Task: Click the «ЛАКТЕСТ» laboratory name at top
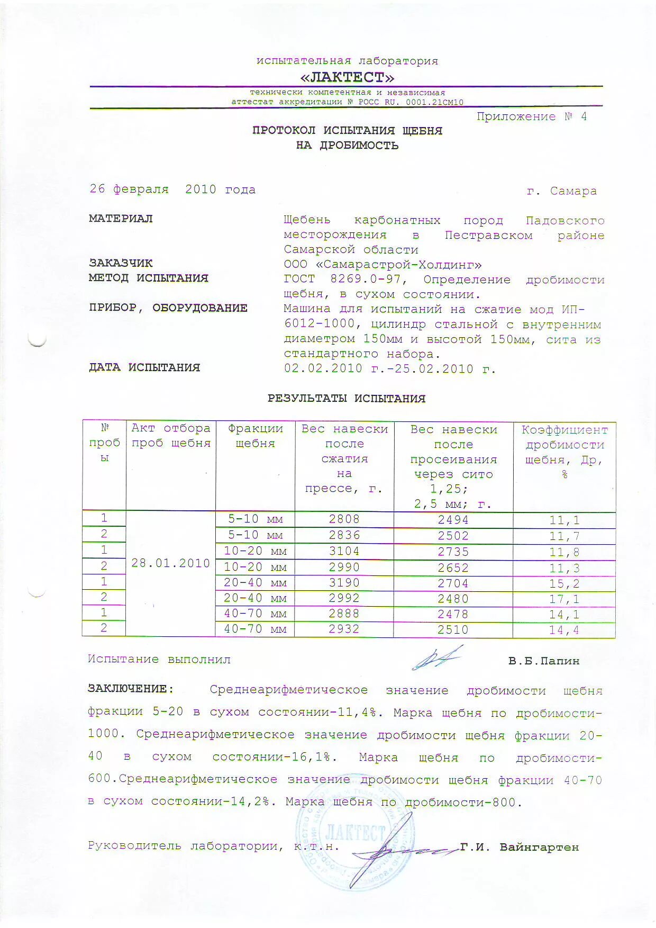pyautogui.click(x=347, y=77)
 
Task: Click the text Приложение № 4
pyautogui.click(x=531, y=117)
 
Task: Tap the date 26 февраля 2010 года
pyautogui.click(x=172, y=190)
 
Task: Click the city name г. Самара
pyautogui.click(x=561, y=191)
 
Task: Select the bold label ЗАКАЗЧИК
pyautogui.click(x=121, y=263)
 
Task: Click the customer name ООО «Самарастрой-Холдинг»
pyautogui.click(x=382, y=265)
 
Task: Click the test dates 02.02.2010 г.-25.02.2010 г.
pyautogui.click(x=389, y=369)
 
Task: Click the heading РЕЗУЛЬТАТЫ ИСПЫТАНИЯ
pyautogui.click(x=347, y=399)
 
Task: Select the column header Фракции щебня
pyautogui.click(x=255, y=436)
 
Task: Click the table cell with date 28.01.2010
pyautogui.click(x=170, y=563)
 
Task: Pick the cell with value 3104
pyautogui.click(x=344, y=551)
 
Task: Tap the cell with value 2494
pyautogui.click(x=453, y=520)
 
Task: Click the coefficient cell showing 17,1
pyautogui.click(x=564, y=599)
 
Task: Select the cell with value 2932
pyautogui.click(x=344, y=629)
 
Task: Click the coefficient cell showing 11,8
pyautogui.click(x=564, y=553)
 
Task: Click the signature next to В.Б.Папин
pyautogui.click(x=437, y=659)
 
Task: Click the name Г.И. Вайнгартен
pyautogui.click(x=520, y=848)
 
